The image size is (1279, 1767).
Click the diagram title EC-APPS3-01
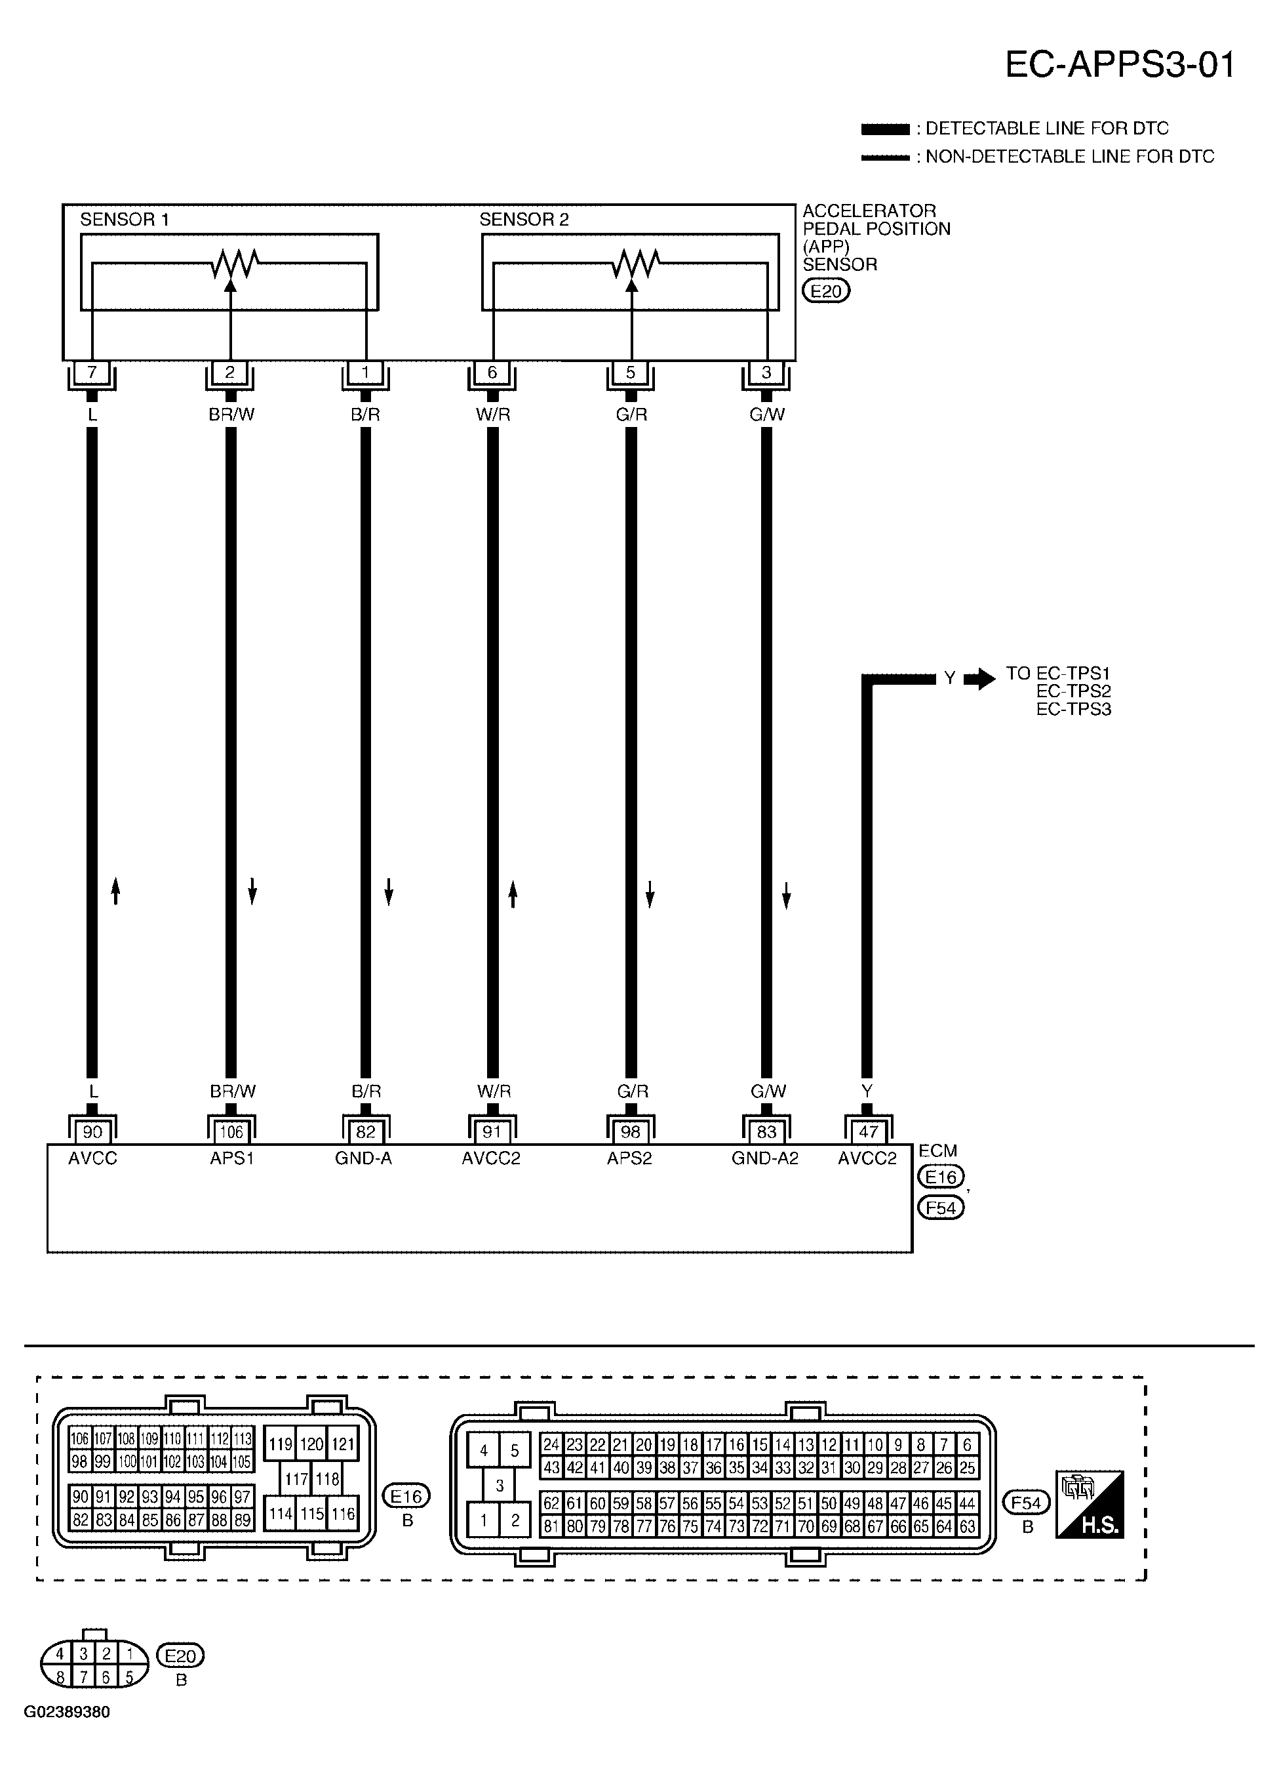click(x=1119, y=66)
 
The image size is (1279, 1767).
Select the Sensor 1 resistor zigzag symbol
click(x=233, y=264)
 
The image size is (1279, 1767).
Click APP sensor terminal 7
click(x=92, y=373)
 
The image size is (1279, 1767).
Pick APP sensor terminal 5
click(x=630, y=373)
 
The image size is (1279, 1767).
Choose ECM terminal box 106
click(x=231, y=1131)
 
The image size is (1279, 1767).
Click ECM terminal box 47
click(x=868, y=1131)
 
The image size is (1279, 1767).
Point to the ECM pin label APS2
click(x=629, y=1158)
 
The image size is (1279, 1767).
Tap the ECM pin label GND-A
click(x=363, y=1158)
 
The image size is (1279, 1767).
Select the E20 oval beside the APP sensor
click(x=825, y=291)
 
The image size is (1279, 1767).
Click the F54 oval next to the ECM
click(x=941, y=1208)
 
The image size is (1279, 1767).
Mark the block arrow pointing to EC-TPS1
click(x=979, y=679)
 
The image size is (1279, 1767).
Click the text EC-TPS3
click(x=1073, y=710)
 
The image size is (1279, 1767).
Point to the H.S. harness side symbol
click(x=1090, y=1504)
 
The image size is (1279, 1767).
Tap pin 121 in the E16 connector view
click(x=342, y=1444)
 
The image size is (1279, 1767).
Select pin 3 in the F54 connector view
click(x=500, y=1485)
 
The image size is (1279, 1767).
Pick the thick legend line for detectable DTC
click(x=885, y=129)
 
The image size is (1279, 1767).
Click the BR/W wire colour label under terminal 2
click(x=231, y=415)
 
